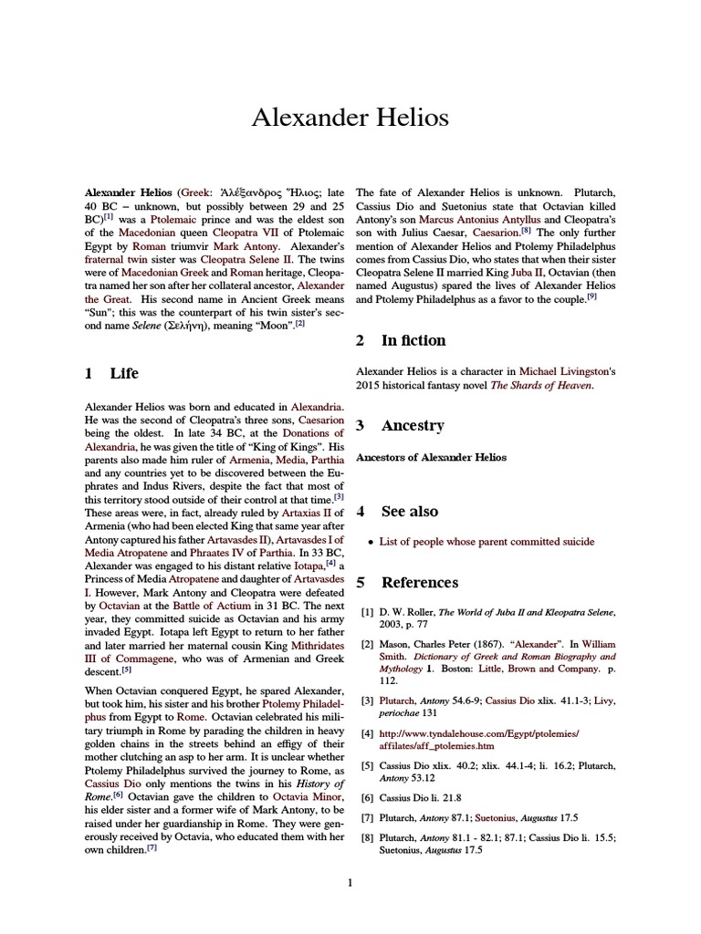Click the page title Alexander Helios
pos(350,119)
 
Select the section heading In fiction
pos(413,340)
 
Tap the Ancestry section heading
pos(412,425)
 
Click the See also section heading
pos(409,511)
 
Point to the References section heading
pos(420,582)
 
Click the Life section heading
pos(124,373)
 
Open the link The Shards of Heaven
pos(542,386)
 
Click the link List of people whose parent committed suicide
pos(487,542)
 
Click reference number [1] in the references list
pos(367,613)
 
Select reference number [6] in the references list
pos(367,797)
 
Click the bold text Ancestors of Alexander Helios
pos(431,457)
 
